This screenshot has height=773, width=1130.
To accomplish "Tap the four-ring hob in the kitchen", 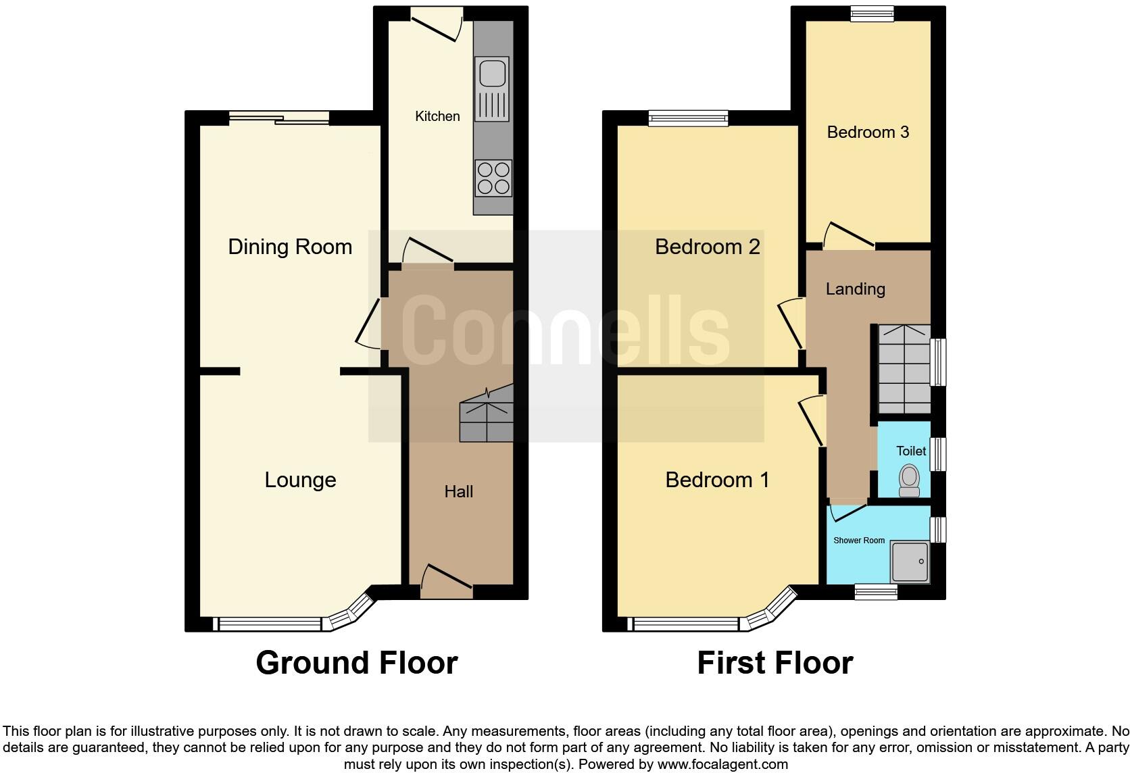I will [x=493, y=178].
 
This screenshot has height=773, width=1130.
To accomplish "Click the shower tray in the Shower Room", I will [x=910, y=562].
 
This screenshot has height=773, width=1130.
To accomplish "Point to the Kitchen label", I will [x=437, y=116].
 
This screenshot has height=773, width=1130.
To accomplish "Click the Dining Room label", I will [x=290, y=247].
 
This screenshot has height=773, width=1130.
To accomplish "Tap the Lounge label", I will [x=300, y=480].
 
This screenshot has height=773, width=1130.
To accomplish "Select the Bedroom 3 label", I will [x=868, y=132].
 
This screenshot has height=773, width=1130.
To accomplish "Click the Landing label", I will [x=855, y=289].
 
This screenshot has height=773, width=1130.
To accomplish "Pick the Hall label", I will [x=458, y=492].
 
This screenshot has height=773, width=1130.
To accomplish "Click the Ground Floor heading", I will [x=357, y=663].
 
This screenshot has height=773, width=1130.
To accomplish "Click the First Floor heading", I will [x=775, y=663].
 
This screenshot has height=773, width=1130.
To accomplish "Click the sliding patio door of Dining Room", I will [x=279, y=119].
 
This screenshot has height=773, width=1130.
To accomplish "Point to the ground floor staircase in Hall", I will [x=487, y=416].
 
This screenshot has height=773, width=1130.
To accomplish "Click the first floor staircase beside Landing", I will [x=904, y=369].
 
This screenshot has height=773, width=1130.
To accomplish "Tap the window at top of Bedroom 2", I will [x=688, y=119].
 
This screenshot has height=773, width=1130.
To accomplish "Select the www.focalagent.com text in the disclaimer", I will [x=722, y=765].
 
